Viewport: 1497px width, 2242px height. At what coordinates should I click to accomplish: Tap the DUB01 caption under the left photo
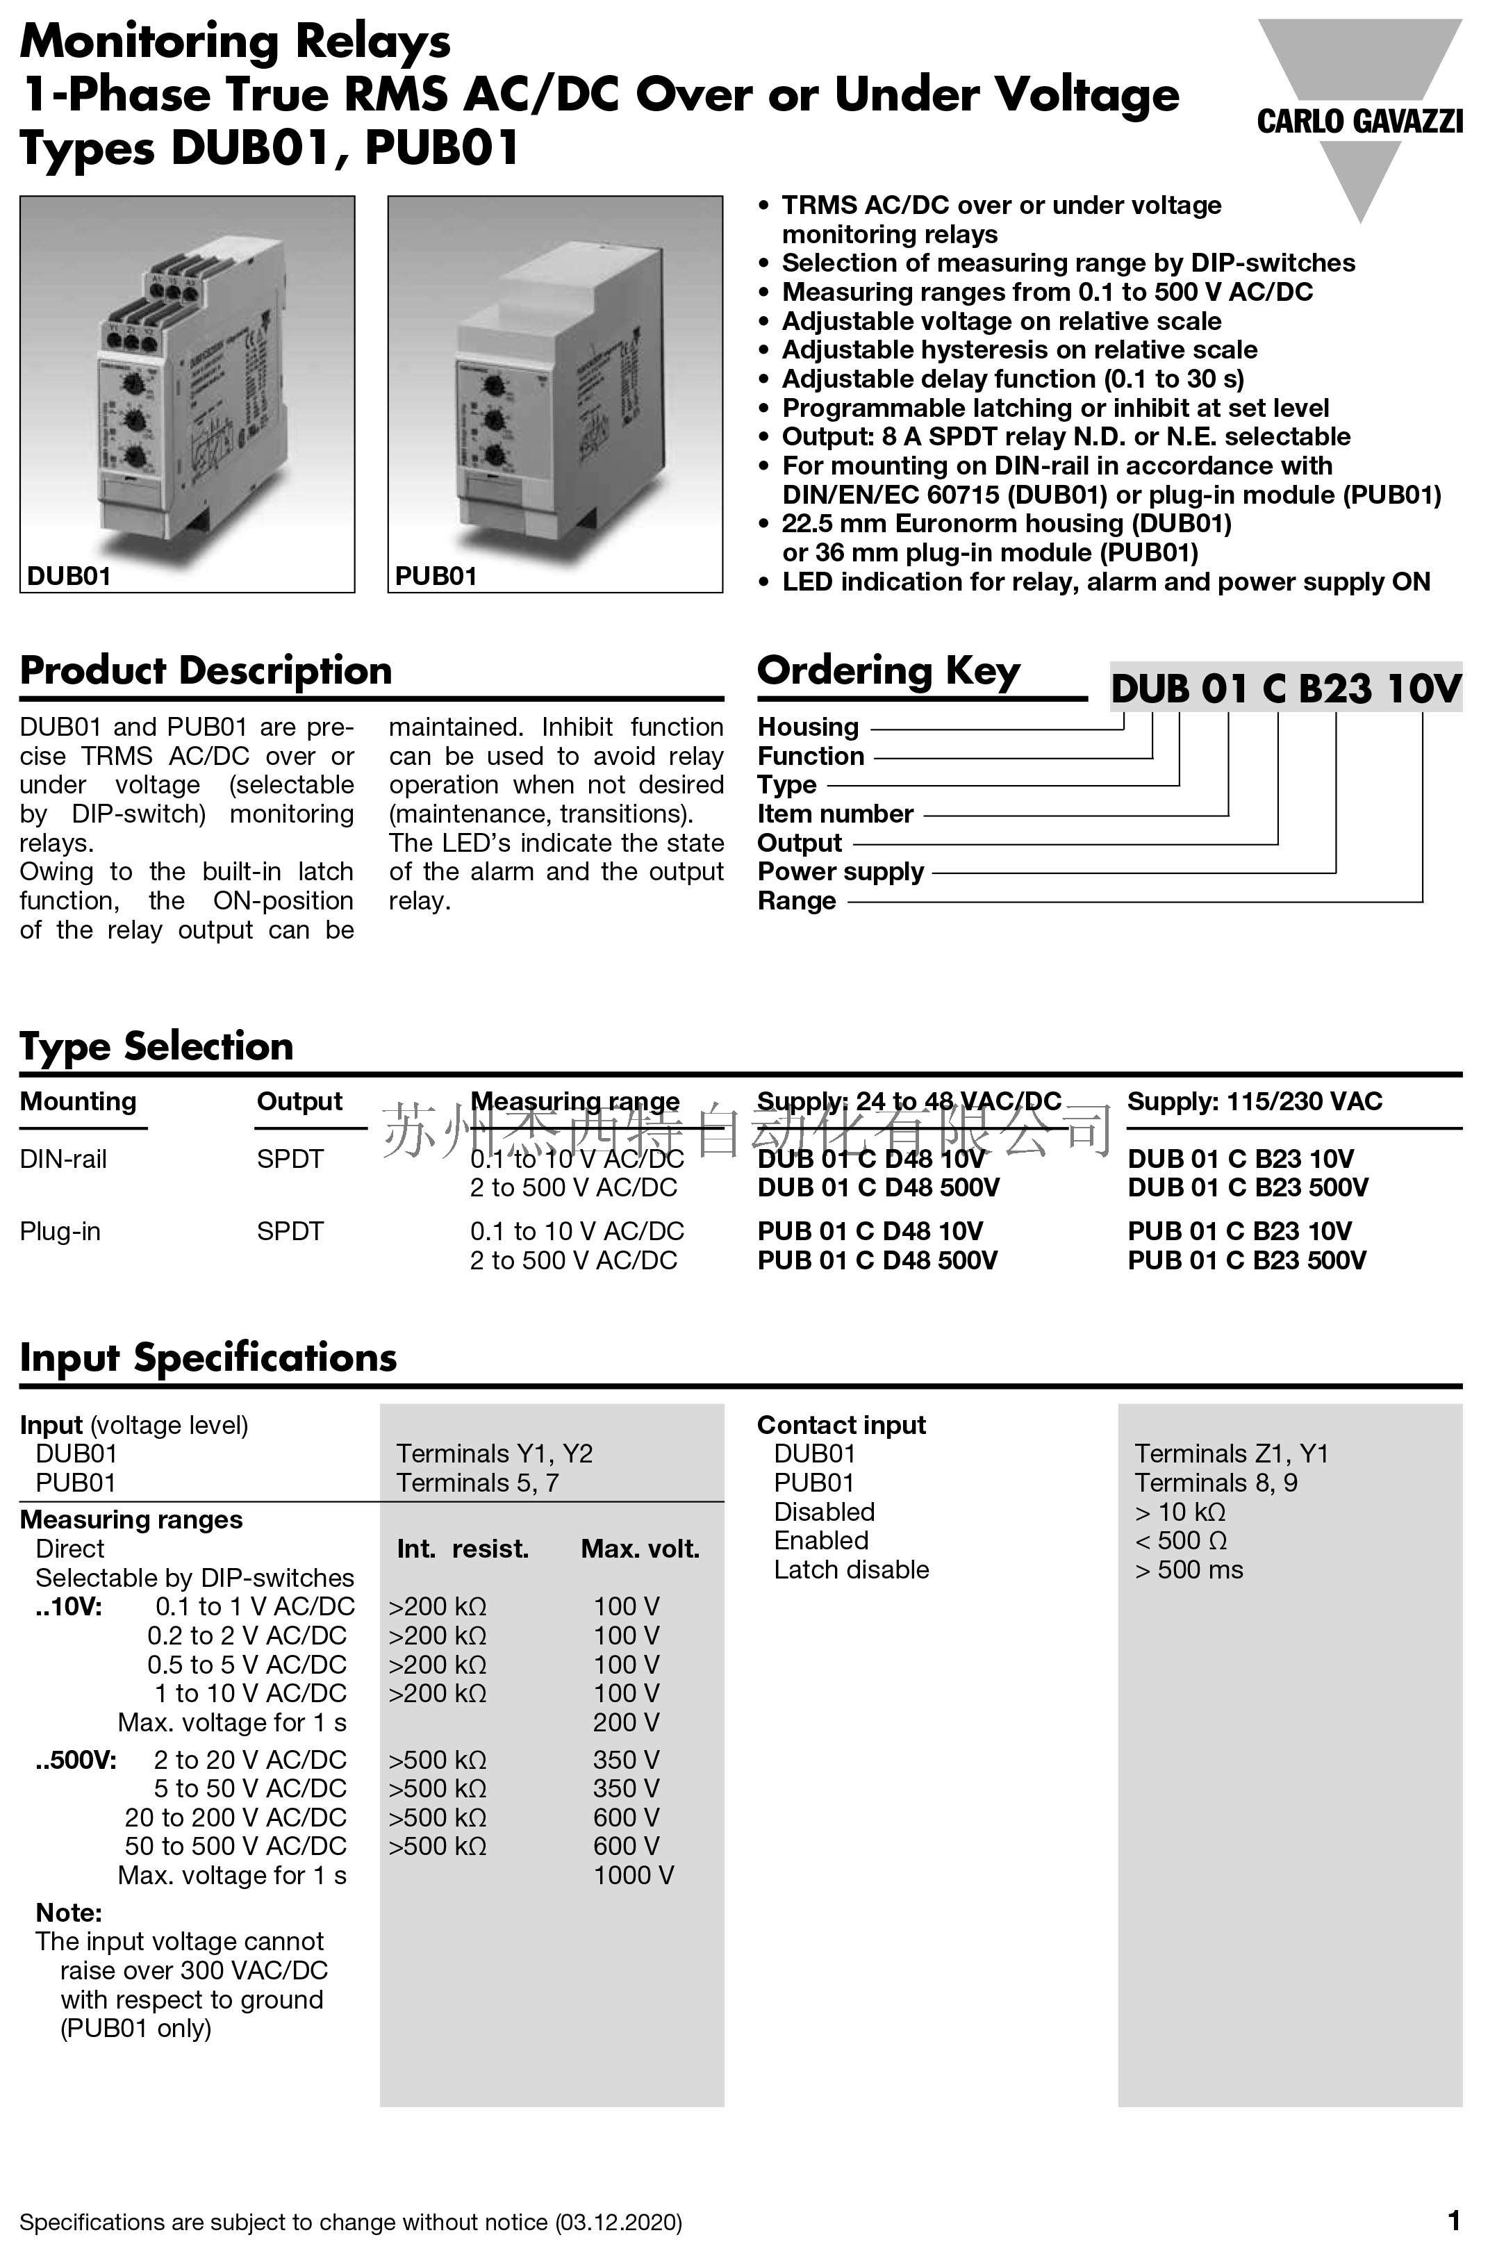point(69,576)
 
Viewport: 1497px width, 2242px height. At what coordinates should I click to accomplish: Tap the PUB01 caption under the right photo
point(436,576)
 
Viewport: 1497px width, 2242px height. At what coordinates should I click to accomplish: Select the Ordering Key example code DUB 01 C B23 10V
point(1285,688)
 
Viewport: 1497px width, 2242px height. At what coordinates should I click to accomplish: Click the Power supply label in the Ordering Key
point(840,872)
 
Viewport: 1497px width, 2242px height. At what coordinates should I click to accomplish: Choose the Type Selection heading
point(156,1046)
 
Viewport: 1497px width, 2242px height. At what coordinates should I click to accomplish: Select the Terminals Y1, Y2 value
point(494,1453)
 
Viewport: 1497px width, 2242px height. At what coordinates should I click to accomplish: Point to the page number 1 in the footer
point(1453,2221)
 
